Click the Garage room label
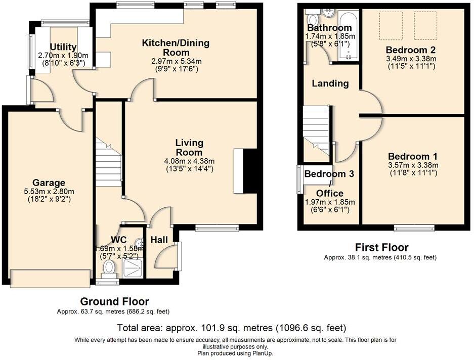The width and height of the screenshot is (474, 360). point(49,183)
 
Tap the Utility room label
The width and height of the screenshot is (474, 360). point(63,47)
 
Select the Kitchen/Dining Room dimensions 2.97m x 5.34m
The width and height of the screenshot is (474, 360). point(177,61)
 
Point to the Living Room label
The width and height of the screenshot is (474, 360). point(189,147)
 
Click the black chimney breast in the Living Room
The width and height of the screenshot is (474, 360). point(250,171)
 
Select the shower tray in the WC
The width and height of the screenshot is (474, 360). point(133,267)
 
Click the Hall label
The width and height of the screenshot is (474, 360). point(159,240)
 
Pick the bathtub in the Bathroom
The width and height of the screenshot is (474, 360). point(348,36)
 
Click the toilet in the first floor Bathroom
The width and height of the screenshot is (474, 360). point(312,18)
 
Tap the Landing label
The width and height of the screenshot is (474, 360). point(330,83)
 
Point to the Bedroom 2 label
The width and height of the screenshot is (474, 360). point(411,50)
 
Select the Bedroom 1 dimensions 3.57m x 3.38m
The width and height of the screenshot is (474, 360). point(413,165)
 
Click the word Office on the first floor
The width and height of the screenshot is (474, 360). point(329,193)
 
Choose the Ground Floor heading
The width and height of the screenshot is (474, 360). point(114,301)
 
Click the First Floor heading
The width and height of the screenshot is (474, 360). point(381,247)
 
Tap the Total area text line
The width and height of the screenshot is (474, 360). point(232,328)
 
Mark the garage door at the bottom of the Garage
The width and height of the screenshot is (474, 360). point(50,278)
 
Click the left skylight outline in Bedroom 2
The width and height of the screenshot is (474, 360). point(390,26)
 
